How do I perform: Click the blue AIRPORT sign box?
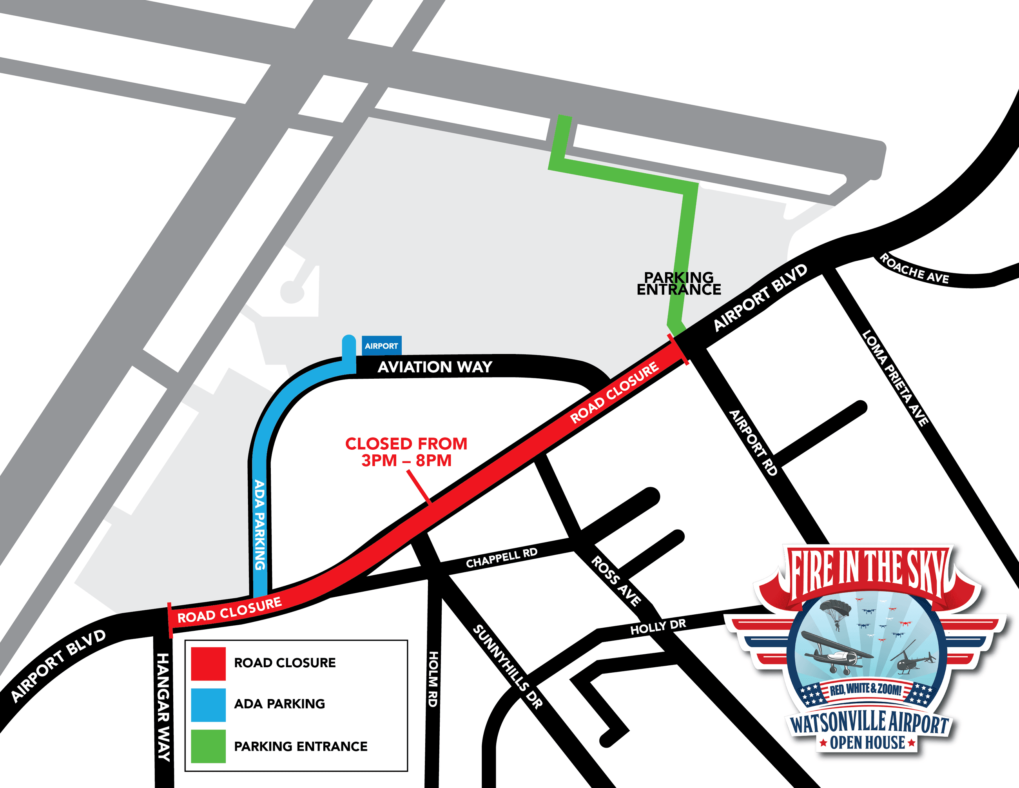(381, 346)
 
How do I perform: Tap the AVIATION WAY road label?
(435, 367)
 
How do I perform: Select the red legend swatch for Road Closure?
(208, 663)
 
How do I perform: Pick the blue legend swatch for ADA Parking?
(208, 704)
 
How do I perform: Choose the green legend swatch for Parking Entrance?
(208, 746)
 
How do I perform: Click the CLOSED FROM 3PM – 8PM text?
(406, 451)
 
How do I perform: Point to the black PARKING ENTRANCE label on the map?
(678, 283)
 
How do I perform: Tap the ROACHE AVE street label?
(914, 269)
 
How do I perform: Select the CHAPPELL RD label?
(502, 558)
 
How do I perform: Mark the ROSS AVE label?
(616, 581)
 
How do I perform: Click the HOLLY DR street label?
(658, 626)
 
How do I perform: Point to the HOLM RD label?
(433, 679)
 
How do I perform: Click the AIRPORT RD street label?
(753, 443)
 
